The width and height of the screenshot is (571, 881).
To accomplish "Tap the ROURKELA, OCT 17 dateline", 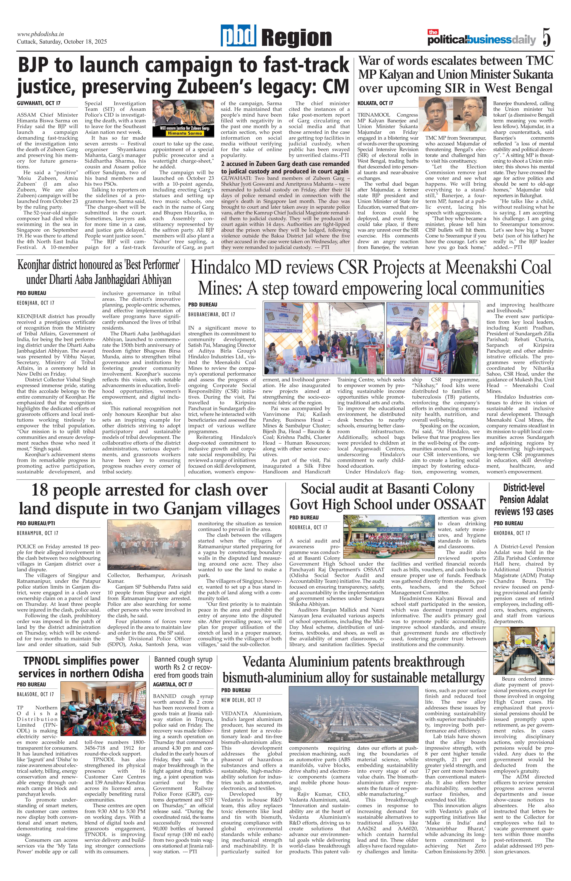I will tap(308, 527).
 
